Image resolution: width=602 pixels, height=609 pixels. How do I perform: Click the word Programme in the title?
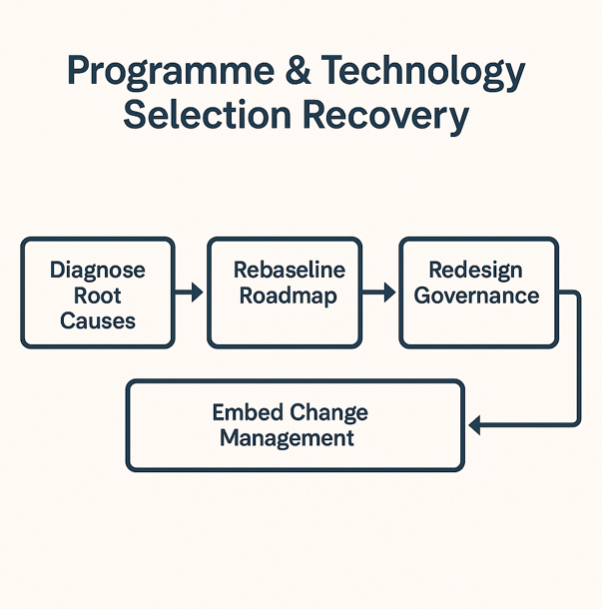171,72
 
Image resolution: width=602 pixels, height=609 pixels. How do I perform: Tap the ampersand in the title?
298,70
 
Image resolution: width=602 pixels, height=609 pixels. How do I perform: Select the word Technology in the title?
423,72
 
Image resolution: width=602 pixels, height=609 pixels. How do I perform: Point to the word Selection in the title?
207,115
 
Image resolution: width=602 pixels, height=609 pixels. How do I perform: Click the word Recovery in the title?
386,117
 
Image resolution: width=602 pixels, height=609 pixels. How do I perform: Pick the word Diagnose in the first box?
98,271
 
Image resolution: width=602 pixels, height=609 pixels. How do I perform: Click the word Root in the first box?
98,296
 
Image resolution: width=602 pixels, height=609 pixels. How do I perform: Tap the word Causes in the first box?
98,320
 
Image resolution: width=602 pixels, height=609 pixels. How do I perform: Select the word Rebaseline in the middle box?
290,270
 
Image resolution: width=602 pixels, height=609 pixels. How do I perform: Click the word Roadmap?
289,297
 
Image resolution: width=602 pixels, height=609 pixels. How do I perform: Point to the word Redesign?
476,271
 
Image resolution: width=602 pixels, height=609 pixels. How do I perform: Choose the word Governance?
476,296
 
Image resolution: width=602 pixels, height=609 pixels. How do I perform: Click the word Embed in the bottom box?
248,412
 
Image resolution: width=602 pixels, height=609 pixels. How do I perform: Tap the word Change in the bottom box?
329,413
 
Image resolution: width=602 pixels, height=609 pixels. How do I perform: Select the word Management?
287,439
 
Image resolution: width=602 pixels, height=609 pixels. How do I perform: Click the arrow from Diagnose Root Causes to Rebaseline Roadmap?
189,293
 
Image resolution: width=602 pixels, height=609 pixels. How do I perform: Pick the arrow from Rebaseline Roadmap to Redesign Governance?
378,293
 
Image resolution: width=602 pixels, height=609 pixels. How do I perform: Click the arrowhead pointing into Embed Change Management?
474,425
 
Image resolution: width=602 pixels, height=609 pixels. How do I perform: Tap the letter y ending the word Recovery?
459,122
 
